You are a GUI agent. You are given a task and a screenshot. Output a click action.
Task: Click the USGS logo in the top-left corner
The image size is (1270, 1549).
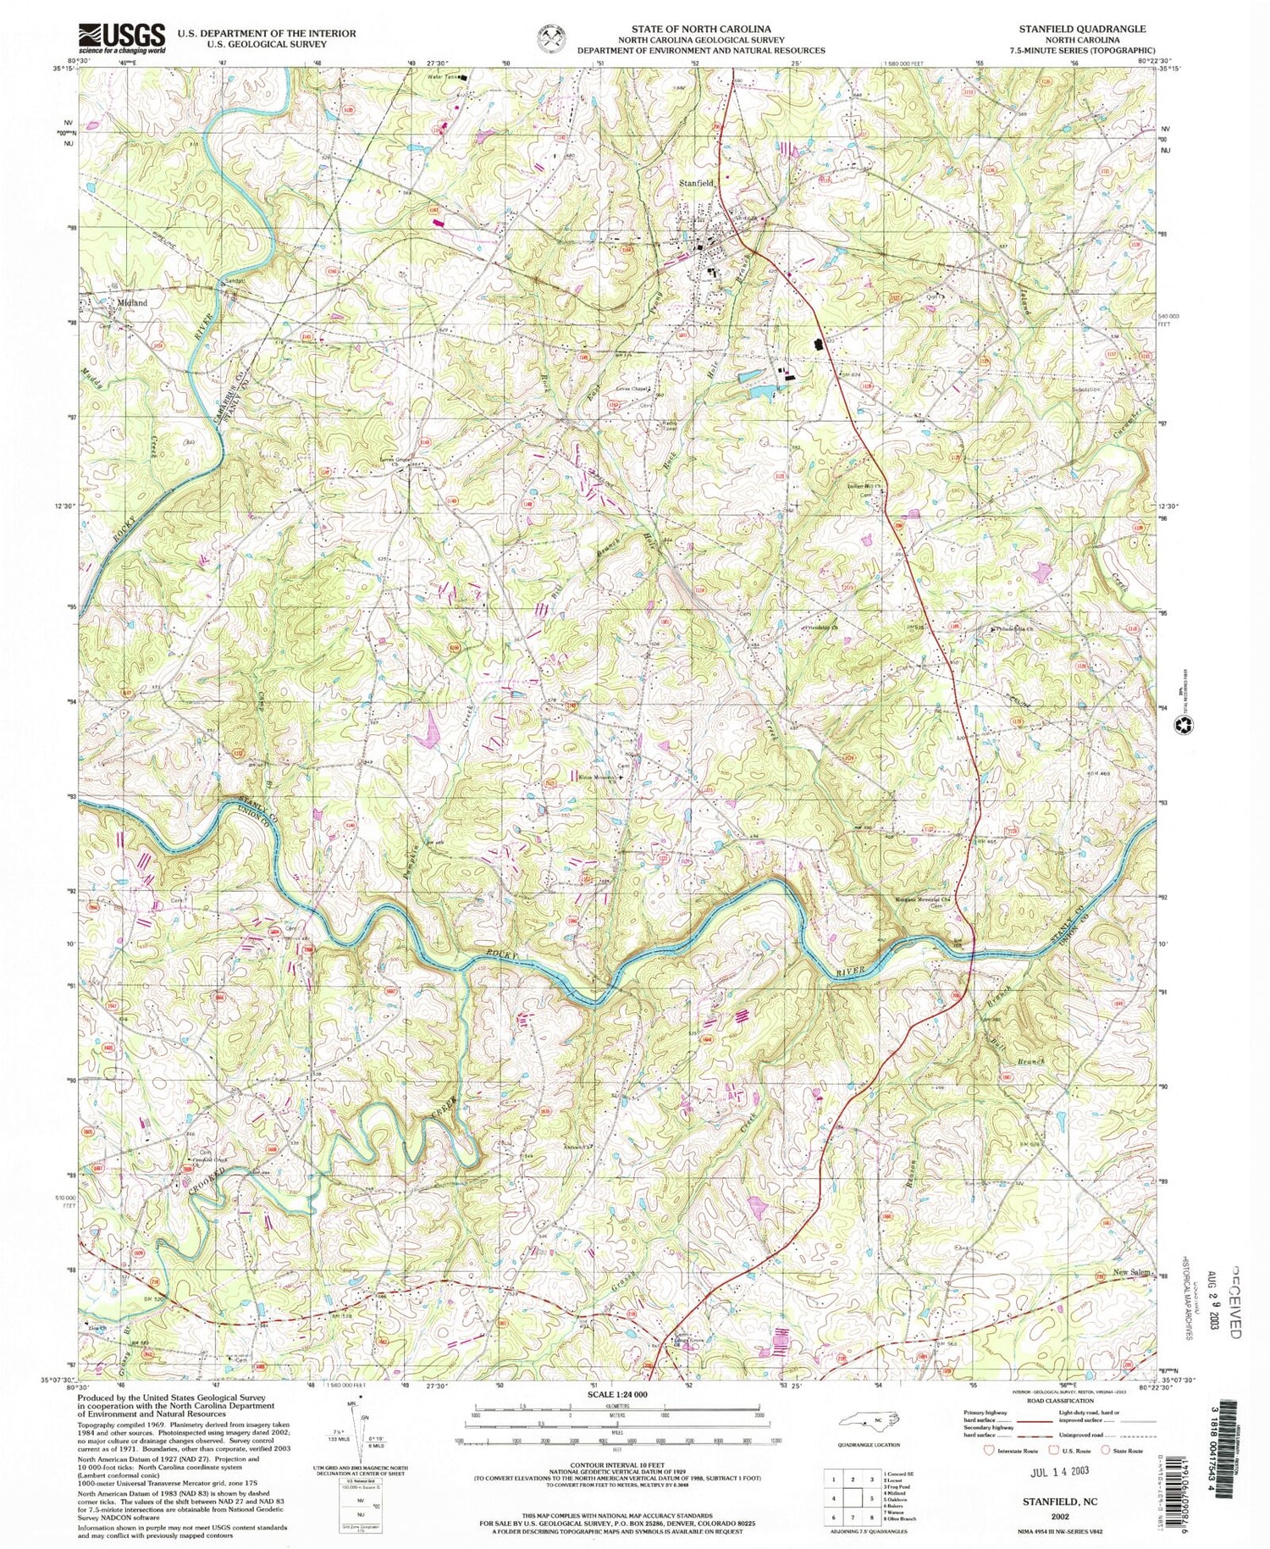pyautogui.click(x=122, y=37)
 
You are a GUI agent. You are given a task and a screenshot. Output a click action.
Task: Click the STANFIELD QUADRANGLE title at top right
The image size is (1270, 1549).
pyautogui.click(x=1081, y=29)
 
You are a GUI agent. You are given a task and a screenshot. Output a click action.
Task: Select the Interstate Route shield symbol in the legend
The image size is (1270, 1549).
pyautogui.click(x=986, y=1449)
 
